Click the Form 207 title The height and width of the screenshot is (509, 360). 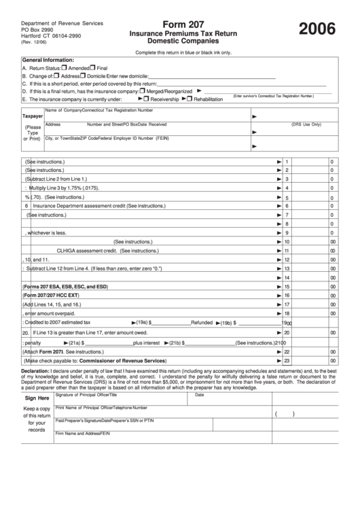[179, 23]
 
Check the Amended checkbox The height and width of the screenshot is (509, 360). [64, 68]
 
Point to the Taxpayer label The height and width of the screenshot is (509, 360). [33, 116]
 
